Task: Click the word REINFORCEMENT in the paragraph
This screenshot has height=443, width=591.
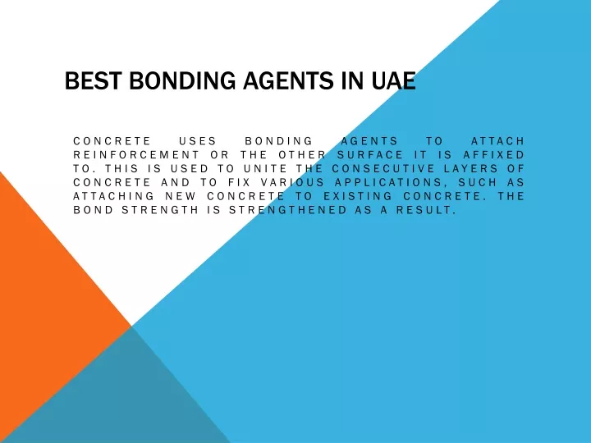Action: pyautogui.click(x=136, y=155)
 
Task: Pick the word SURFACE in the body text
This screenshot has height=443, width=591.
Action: pyautogui.click(x=369, y=155)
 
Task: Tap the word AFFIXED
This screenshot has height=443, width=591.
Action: pyautogui.click(x=494, y=155)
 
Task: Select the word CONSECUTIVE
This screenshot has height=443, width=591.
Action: pyautogui.click(x=384, y=168)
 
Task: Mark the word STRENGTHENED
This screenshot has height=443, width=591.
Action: pyautogui.click(x=288, y=210)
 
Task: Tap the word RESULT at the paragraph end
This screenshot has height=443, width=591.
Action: pyautogui.click(x=426, y=210)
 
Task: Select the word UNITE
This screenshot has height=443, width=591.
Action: pyautogui.click(x=266, y=168)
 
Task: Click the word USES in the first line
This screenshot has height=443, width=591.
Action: pyautogui.click(x=198, y=141)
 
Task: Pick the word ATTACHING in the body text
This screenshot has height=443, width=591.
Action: pyautogui.click(x=113, y=196)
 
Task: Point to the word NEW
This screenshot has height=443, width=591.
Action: pyautogui.click(x=181, y=196)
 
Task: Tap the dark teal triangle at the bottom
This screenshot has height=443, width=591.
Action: pyautogui.click(x=125, y=400)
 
